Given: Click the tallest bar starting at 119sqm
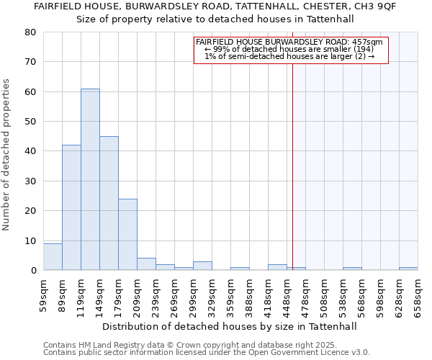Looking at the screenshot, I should point(90,180).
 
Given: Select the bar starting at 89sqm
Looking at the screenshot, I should point(71,208).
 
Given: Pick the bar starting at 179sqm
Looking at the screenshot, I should point(127,235).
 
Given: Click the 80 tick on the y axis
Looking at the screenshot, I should point(30,32).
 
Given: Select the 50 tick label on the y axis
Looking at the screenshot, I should point(30,122).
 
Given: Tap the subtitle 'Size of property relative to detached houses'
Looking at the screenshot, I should point(215,19).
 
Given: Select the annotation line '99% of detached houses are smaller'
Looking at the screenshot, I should point(291,49).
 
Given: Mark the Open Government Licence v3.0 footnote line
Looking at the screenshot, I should point(207,353).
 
